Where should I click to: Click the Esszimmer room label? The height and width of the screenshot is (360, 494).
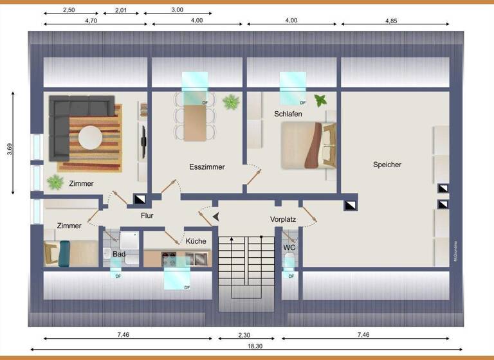(x=207, y=167)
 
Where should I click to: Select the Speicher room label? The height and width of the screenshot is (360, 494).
(x=387, y=165)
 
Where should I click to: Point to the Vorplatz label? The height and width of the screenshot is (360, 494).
(x=283, y=220)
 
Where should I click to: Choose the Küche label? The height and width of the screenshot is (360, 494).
(x=196, y=241)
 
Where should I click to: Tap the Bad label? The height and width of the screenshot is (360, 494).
(x=119, y=255)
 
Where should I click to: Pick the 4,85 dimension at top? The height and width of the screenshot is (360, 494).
(x=392, y=21)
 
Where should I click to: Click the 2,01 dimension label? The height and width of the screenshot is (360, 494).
(x=121, y=10)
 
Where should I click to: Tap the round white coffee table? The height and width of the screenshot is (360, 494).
(x=90, y=138)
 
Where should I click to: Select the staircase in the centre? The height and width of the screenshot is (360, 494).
(x=248, y=264)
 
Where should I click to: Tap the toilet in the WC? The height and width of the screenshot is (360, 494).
(x=289, y=261)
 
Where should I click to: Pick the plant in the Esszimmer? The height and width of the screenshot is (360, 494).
(x=230, y=102)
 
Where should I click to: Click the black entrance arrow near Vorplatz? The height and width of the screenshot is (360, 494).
(x=216, y=217)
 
